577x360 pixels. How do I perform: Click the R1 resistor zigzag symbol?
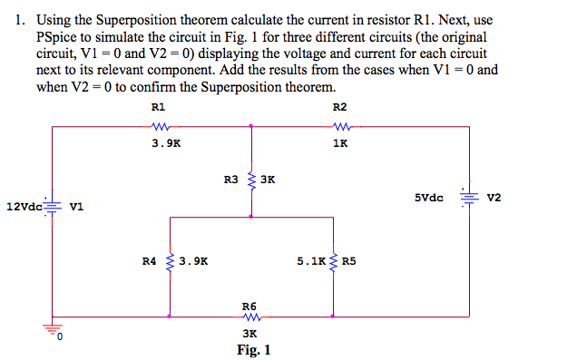(165, 127)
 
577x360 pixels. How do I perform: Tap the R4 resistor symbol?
(171, 261)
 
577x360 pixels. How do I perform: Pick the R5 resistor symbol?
(333, 261)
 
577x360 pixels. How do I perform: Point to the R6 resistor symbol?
(250, 317)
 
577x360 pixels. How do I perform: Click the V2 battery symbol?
(469, 198)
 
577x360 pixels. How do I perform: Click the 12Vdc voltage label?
(23, 207)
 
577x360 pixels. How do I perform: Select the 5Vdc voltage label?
(428, 197)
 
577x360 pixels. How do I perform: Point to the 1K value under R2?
(340, 142)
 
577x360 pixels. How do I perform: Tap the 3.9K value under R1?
(166, 142)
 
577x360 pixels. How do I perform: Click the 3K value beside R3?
(268, 180)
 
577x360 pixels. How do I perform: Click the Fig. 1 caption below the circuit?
(253, 349)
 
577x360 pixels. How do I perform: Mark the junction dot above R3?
(250, 127)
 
